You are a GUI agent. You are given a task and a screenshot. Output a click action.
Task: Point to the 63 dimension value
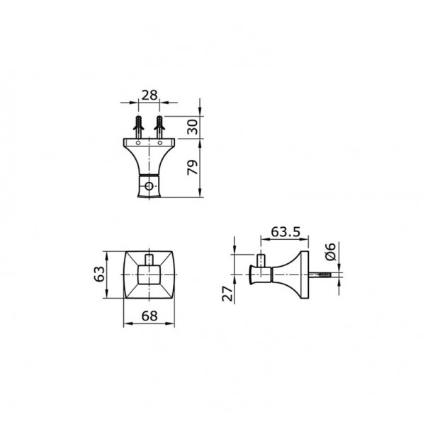tap(101, 273)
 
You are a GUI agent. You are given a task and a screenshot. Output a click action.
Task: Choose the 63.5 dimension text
tap(281, 231)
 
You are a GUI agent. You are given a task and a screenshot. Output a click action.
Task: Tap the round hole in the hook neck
tap(149, 187)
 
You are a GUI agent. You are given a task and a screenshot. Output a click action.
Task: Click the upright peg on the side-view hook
tap(261, 260)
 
